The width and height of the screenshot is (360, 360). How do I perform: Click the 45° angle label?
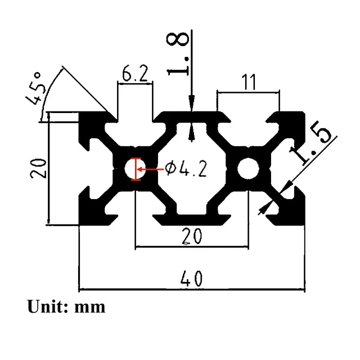click(x=34, y=88)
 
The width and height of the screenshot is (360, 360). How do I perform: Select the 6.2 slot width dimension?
click(x=135, y=74)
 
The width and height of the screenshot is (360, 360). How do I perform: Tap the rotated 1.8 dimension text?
click(x=177, y=54)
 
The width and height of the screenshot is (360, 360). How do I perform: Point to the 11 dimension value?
click(x=249, y=82)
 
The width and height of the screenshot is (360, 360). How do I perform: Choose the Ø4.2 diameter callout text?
click(x=186, y=169)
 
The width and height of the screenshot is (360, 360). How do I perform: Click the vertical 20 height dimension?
click(x=38, y=169)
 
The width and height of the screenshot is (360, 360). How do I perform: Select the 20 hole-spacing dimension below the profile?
click(x=192, y=236)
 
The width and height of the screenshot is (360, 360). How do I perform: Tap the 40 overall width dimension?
click(x=191, y=278)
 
